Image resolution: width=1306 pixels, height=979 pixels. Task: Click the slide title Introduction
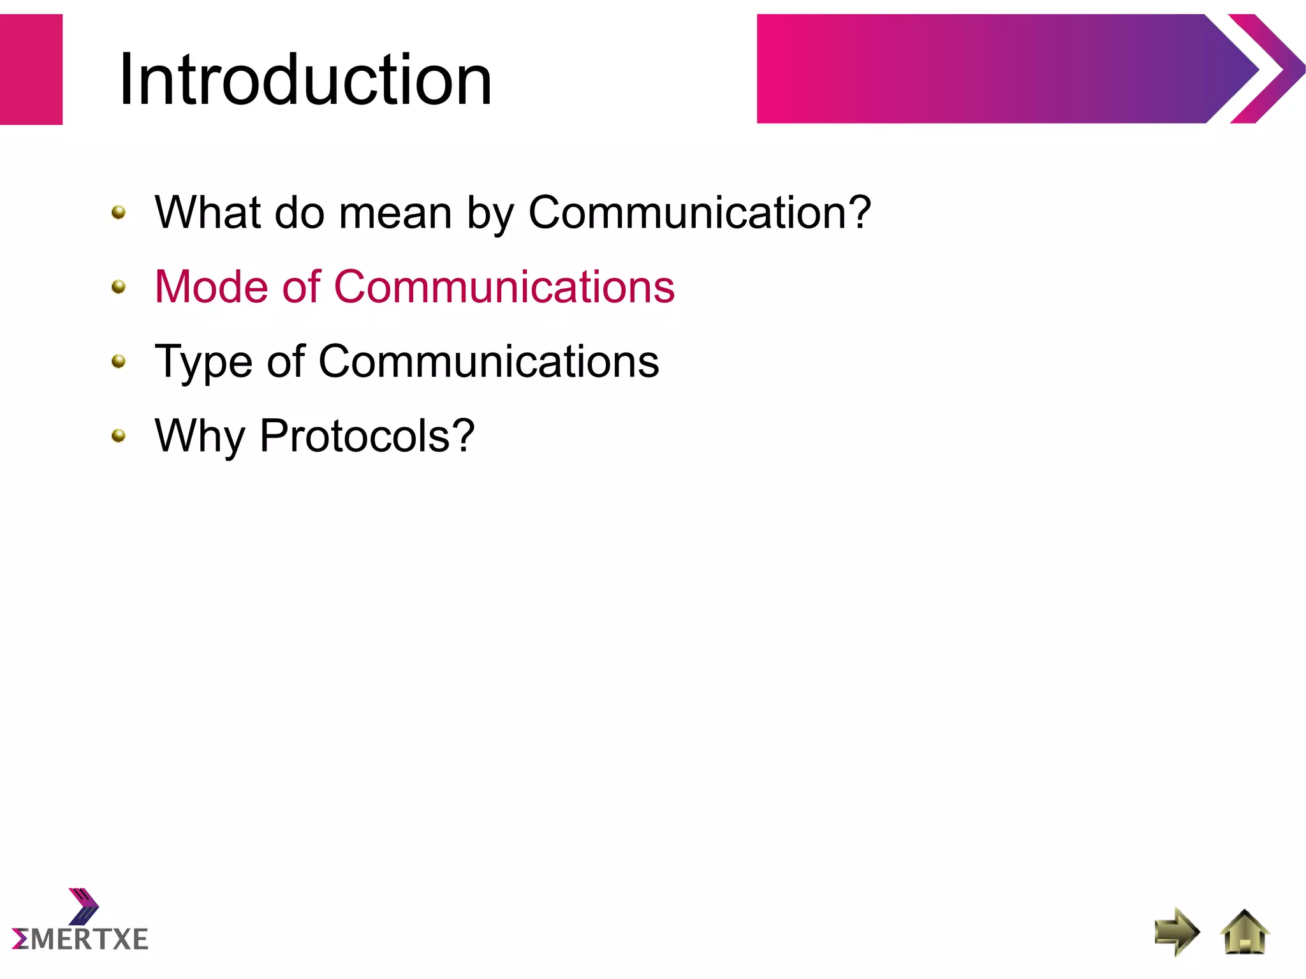(x=305, y=80)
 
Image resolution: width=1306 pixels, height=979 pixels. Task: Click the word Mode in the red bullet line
(x=211, y=287)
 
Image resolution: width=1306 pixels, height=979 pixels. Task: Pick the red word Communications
(x=504, y=287)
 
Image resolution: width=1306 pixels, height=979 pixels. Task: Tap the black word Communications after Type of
(x=488, y=362)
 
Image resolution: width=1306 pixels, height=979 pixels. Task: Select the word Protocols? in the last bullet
(x=367, y=436)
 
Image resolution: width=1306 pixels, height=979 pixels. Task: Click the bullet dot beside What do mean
(x=119, y=212)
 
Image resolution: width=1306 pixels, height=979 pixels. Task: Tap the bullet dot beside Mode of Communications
(x=119, y=287)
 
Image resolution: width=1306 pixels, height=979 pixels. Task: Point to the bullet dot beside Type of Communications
(x=119, y=362)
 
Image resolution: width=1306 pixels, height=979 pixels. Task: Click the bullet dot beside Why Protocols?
(x=119, y=436)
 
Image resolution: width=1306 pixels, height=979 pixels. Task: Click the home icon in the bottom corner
(x=1244, y=933)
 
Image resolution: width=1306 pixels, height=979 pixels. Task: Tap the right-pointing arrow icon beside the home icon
(x=1177, y=932)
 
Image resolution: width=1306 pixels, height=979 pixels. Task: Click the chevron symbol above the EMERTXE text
(x=84, y=906)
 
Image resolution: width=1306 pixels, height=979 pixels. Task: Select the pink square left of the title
(x=31, y=69)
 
